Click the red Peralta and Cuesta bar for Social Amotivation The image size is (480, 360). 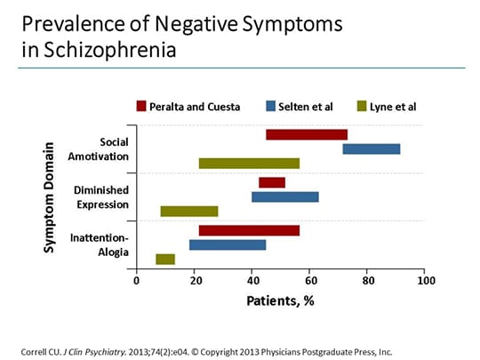[x=306, y=134]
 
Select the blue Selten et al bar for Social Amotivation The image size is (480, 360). [x=371, y=148]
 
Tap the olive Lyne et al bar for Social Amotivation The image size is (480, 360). [x=248, y=163]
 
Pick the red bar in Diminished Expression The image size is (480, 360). [x=271, y=182]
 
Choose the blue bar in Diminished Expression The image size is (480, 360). [x=284, y=196]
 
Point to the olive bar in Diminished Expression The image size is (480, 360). [x=188, y=211]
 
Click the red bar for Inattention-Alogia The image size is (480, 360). [x=248, y=230]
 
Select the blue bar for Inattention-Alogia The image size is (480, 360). [x=227, y=244]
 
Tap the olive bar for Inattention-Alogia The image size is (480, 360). [x=164, y=259]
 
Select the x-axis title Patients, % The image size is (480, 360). [x=280, y=300]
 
